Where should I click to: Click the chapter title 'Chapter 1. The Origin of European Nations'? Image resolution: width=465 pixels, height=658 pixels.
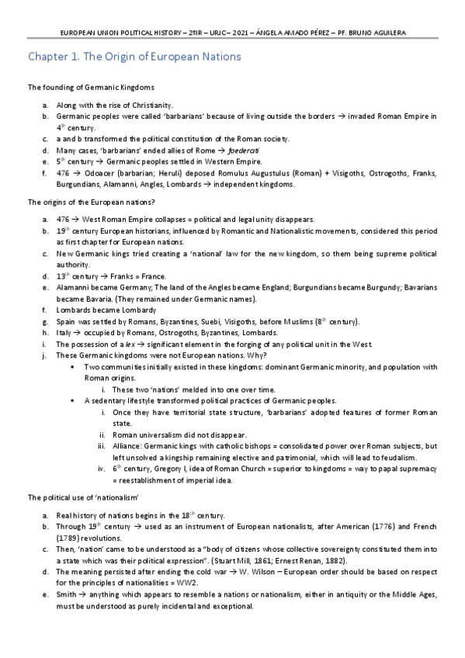tap(134, 57)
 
